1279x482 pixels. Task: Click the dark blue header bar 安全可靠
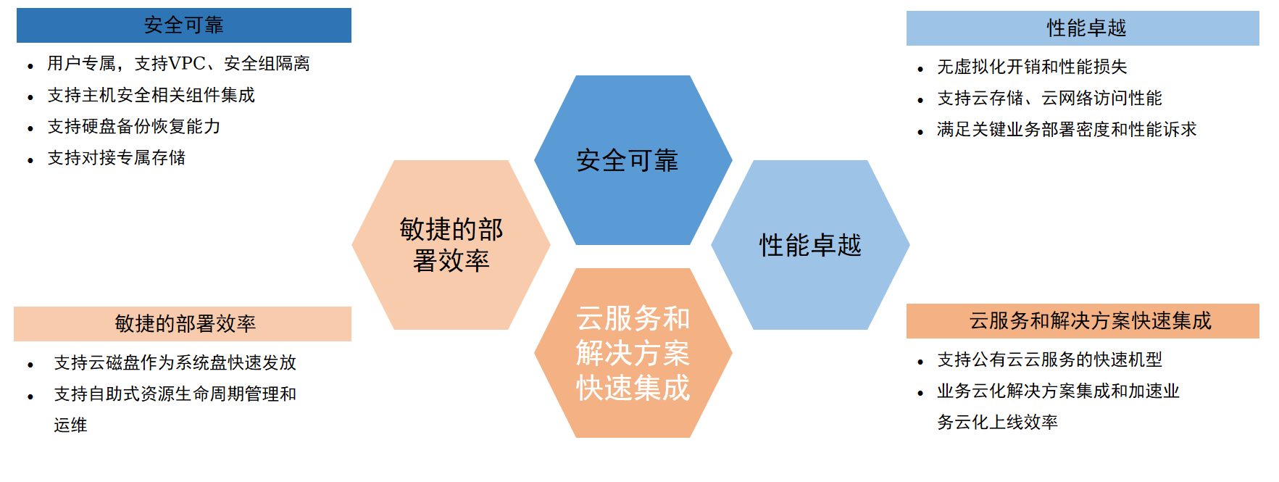184,25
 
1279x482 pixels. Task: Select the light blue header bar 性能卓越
1083,28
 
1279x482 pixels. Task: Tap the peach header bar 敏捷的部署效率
183,324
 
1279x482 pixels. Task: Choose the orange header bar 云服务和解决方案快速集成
1083,321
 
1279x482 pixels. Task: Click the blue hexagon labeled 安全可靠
633,160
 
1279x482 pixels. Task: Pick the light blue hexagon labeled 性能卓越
810,245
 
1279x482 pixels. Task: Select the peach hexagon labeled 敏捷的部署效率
451,245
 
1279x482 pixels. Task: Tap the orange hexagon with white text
633,353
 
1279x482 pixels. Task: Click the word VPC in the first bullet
187,64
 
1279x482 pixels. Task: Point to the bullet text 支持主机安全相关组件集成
151,95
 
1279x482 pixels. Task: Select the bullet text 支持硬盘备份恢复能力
134,126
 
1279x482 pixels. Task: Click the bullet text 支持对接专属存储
117,157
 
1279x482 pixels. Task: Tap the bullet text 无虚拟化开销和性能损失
1033,67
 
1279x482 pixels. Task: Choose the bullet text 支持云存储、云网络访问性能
1050,98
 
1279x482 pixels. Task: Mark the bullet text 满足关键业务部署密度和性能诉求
1067,129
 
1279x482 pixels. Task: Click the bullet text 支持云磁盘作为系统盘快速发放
175,362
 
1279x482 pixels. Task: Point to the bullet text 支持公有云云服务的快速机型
1050,360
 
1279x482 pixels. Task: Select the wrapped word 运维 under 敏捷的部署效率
70,425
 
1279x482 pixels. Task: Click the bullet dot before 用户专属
30,66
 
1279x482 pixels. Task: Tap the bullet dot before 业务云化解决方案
920,394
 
